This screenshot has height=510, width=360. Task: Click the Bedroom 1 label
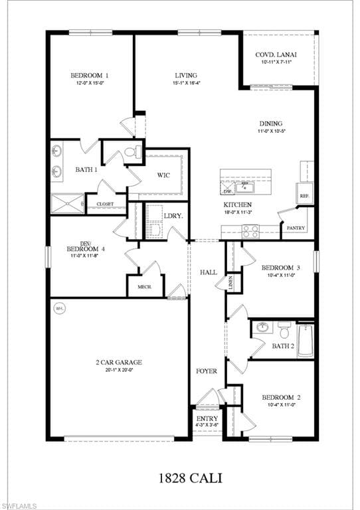(x=90, y=76)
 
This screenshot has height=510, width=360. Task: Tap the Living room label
(x=186, y=76)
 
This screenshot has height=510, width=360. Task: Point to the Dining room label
(x=270, y=124)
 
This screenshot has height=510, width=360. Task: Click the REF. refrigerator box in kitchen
(x=305, y=197)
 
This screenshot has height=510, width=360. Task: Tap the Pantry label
(x=294, y=228)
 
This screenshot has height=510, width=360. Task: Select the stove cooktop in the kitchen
(x=250, y=231)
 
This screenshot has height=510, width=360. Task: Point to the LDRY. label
(x=173, y=216)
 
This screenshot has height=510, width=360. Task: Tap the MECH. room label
(x=145, y=287)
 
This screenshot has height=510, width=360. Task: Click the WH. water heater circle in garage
(x=60, y=308)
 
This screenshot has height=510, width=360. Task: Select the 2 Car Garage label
(x=119, y=363)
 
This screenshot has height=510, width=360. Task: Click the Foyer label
(x=206, y=371)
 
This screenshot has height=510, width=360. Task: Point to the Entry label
(x=207, y=419)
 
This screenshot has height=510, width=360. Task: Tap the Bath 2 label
(x=283, y=346)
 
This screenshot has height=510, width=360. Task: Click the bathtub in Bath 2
(x=306, y=339)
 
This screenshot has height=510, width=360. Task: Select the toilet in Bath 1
(x=132, y=152)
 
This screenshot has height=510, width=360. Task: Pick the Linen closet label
(x=231, y=282)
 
